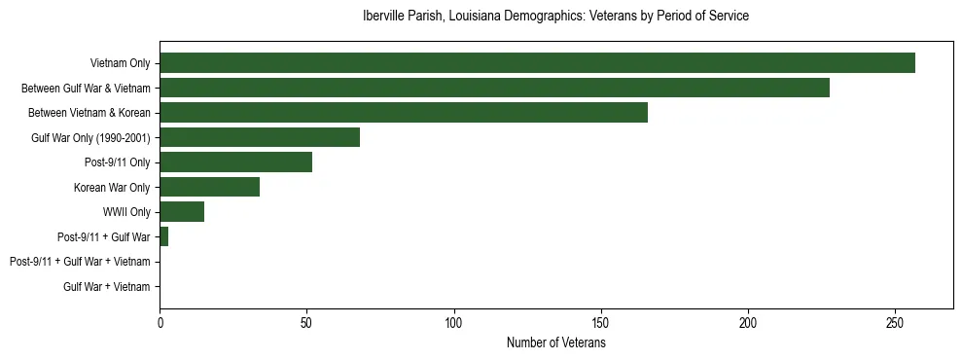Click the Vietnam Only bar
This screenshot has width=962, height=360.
[x=537, y=63]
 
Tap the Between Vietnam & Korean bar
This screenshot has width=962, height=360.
[x=404, y=113]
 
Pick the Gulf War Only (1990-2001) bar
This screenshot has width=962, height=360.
[x=260, y=137]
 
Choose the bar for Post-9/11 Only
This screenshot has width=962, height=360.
[x=236, y=162]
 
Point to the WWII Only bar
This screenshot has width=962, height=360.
[x=182, y=212]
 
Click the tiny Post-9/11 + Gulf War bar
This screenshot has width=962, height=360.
[x=163, y=236]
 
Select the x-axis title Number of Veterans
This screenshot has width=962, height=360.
[x=555, y=342]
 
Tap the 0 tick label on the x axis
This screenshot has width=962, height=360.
[x=160, y=322]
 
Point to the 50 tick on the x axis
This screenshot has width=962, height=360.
[x=306, y=322]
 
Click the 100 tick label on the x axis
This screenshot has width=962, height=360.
[x=454, y=322]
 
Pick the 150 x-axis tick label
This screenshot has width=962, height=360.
[x=601, y=322]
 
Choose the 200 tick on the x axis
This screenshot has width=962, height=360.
[x=748, y=322]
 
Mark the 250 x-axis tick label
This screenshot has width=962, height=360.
[x=895, y=322]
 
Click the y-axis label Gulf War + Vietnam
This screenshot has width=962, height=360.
[x=107, y=287]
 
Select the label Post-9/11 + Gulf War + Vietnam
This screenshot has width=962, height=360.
[x=80, y=262]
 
